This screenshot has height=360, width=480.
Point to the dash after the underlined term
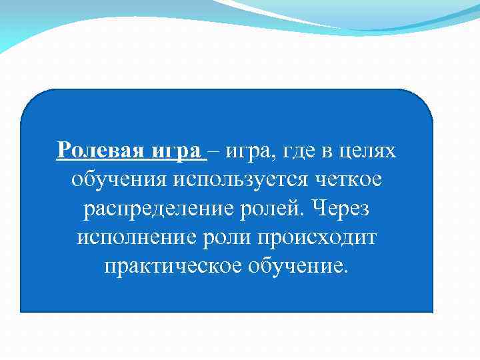[216, 152]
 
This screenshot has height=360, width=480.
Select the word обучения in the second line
[120, 181]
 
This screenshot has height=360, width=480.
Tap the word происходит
[327, 237]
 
